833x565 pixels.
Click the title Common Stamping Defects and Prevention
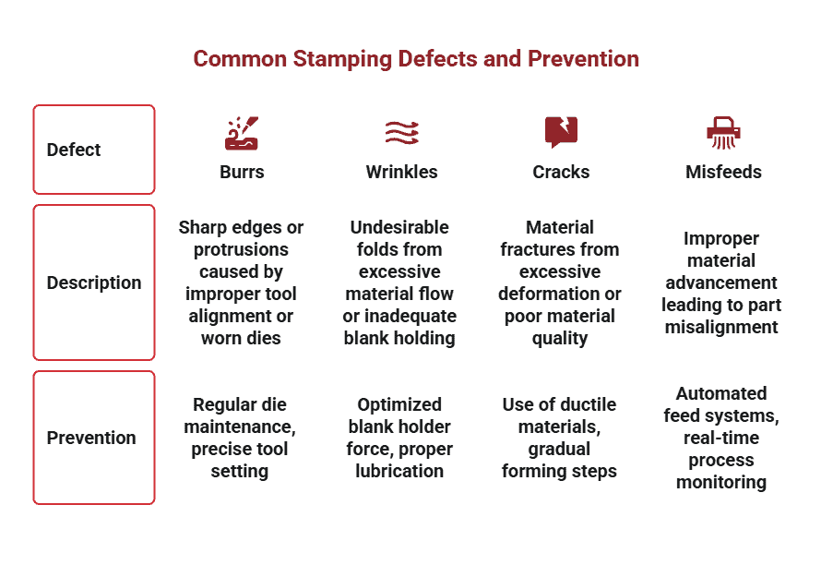click(416, 59)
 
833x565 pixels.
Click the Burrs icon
click(242, 133)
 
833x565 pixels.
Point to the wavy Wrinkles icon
click(402, 133)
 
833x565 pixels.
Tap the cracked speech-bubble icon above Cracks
click(561, 132)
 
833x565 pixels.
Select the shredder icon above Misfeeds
click(723, 133)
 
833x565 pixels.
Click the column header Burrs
click(242, 172)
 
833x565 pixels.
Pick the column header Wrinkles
click(401, 172)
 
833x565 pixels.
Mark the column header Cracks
click(561, 172)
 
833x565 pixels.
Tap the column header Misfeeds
click(723, 172)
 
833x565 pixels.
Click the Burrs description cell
click(241, 282)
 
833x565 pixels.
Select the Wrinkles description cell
click(399, 282)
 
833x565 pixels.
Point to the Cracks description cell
click(560, 282)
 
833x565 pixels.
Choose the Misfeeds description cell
click(721, 282)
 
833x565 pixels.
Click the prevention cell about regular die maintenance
click(240, 438)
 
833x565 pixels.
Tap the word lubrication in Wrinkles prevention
click(399, 471)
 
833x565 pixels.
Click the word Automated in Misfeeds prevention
click(721, 393)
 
